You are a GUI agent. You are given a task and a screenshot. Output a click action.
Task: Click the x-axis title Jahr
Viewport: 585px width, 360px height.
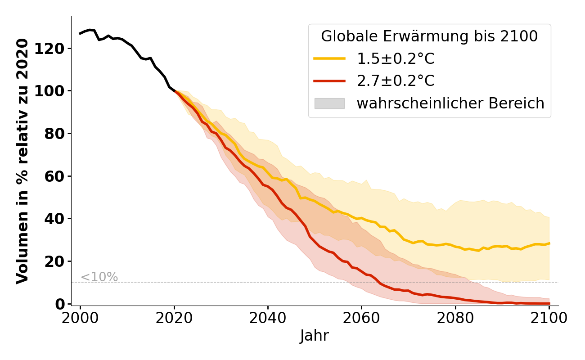point(315,336)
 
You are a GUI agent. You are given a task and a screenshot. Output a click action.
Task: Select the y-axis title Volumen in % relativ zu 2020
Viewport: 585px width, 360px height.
point(22,161)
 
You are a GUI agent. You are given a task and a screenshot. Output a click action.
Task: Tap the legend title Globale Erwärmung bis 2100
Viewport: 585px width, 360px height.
point(429,36)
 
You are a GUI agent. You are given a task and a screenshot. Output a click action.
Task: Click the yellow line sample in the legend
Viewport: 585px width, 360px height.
point(329,58)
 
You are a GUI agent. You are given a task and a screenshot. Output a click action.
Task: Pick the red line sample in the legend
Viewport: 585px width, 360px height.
point(329,81)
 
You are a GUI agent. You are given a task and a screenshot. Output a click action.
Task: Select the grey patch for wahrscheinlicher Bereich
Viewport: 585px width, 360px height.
point(329,103)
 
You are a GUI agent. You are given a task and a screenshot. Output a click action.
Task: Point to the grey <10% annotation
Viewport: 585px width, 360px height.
point(99,277)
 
